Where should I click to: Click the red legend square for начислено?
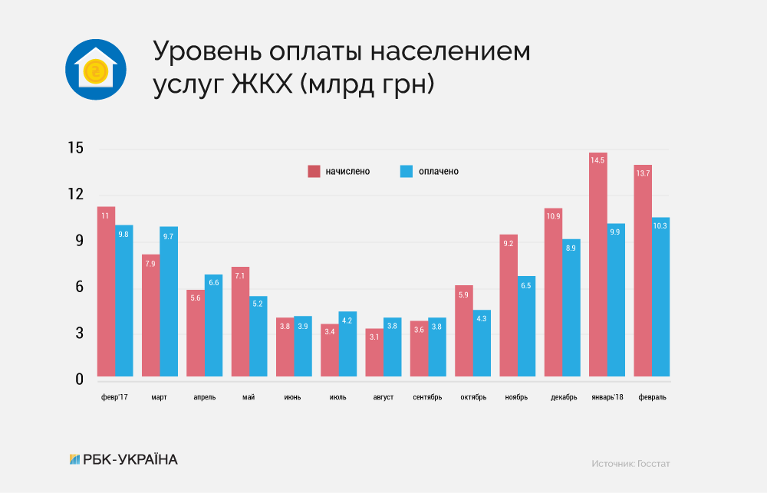[314, 171]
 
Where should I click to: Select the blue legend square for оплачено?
[407, 171]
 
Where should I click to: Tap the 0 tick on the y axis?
[77, 380]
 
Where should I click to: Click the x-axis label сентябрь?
[427, 397]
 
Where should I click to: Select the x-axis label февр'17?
[114, 397]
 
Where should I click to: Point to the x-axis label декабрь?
[564, 397]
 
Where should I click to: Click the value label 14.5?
[597, 160]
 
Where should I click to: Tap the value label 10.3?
[661, 225]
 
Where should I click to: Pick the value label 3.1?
[374, 336]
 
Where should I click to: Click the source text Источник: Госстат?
[630, 464]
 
